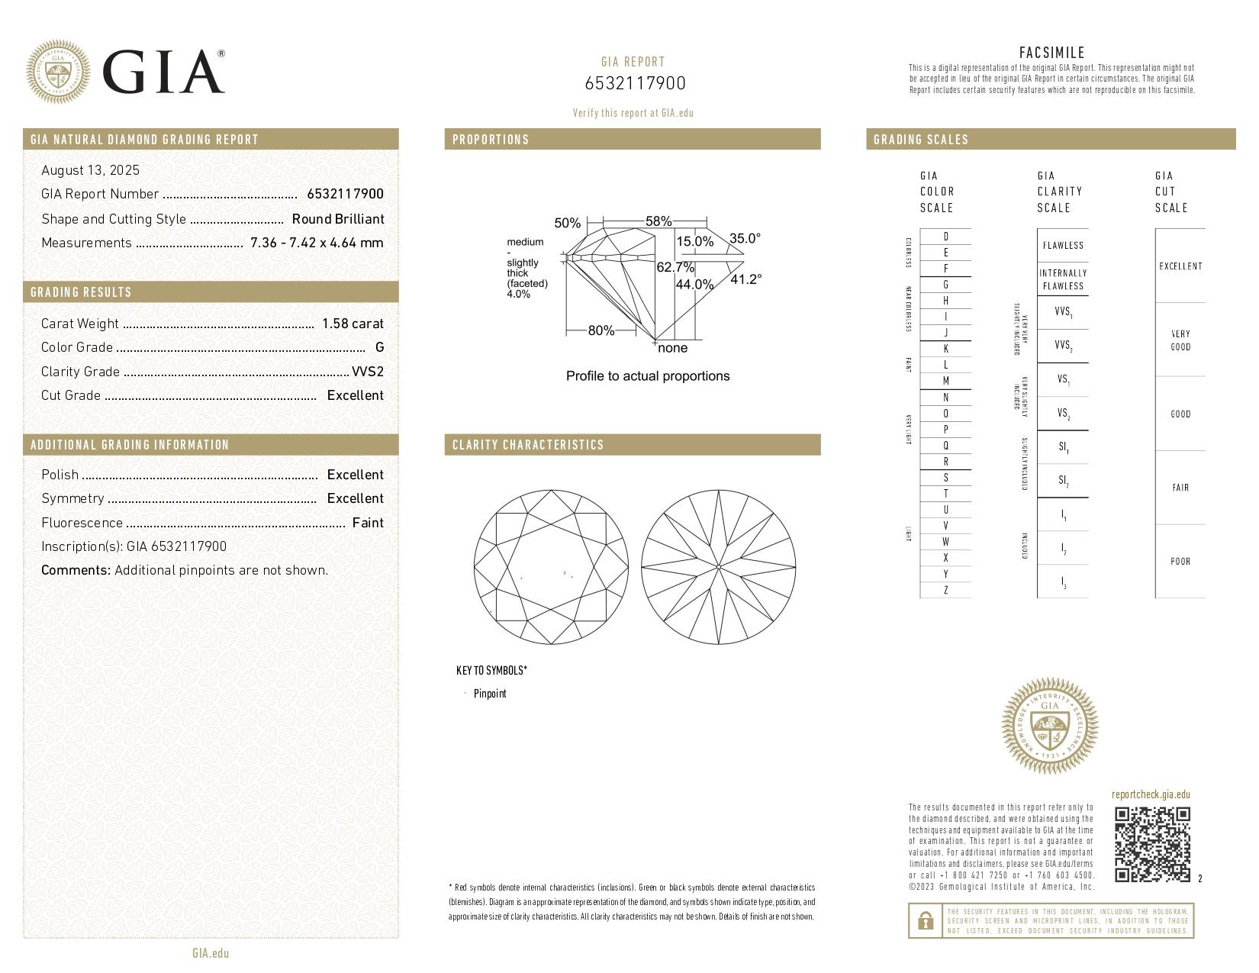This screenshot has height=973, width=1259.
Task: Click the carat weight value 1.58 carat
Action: pos(353,324)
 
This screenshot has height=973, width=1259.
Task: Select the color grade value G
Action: pos(379,347)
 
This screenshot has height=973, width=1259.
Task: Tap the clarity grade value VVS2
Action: pos(367,372)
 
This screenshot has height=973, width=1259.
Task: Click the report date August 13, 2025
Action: pos(90,170)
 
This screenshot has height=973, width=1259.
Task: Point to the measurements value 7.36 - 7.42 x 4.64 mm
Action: pos(317,243)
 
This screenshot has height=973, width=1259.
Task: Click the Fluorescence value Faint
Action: pos(368,523)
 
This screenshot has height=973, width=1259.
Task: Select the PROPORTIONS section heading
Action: pos(490,140)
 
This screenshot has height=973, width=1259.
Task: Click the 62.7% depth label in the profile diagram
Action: pos(675,267)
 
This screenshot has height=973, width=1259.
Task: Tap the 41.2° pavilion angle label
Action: pos(745,279)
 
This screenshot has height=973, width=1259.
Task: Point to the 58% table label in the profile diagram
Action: pos(658,221)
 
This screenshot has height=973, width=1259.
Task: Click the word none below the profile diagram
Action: pos(672,348)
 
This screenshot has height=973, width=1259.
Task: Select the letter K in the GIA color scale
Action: pos(945,349)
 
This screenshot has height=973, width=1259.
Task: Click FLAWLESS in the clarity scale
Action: pos(1062,246)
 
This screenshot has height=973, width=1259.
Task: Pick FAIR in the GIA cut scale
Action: pos(1180,488)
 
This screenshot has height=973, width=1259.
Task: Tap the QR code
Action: pos(1152,844)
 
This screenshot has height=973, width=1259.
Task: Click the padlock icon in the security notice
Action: pos(925,921)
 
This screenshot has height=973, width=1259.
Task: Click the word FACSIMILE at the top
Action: pos(1051,53)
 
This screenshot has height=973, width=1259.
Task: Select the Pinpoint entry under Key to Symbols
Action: pos(489,694)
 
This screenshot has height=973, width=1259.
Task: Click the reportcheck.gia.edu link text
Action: pos(1151,794)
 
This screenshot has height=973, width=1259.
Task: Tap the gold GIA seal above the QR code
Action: pos(1049,726)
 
